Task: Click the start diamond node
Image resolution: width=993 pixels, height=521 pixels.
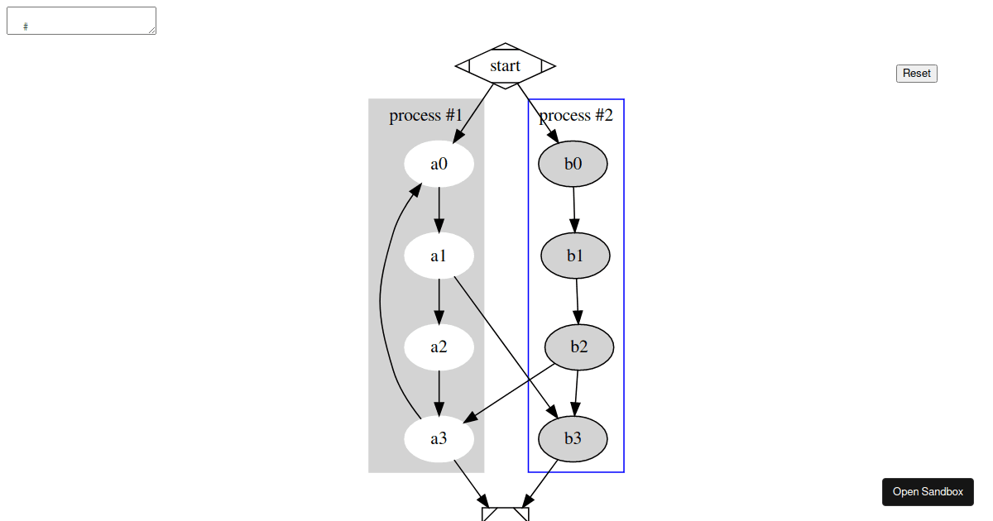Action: [505, 66]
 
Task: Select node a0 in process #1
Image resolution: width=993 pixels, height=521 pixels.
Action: [439, 164]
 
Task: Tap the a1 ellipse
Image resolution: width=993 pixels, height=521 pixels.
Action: [439, 256]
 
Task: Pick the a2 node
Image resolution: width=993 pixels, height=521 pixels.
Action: [439, 347]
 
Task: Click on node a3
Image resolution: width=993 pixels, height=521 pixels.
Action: [439, 438]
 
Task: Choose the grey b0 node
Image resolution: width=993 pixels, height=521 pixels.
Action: [573, 164]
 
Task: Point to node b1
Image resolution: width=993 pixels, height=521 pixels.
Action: [575, 256]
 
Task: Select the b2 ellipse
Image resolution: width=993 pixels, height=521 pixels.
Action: [578, 347]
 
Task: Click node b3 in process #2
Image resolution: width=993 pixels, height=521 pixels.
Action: [573, 438]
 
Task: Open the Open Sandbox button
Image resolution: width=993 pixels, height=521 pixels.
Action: [928, 491]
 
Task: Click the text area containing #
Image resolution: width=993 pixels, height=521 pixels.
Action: [81, 21]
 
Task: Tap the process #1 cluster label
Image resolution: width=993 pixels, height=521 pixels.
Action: [425, 115]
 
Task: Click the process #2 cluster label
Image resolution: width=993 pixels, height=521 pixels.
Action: [576, 115]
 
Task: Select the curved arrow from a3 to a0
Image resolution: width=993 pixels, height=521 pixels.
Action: [380, 298]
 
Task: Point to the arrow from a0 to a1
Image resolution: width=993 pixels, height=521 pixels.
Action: [439, 210]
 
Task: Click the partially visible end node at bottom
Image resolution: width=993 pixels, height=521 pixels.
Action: [505, 514]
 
